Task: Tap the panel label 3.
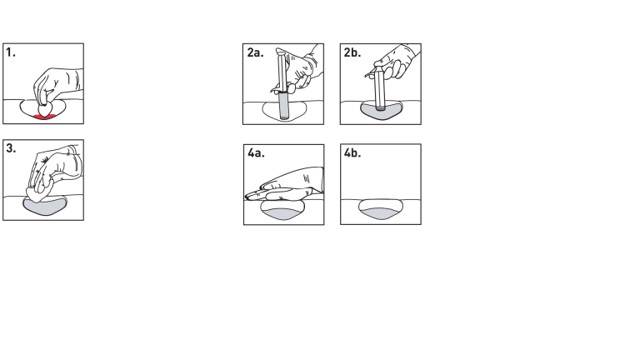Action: coord(12,151)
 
